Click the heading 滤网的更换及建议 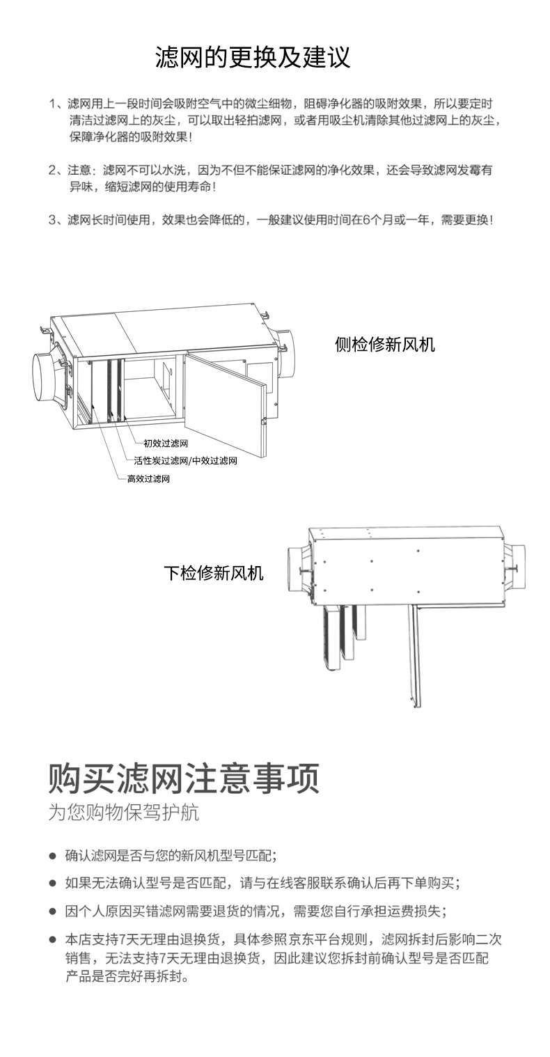tap(252, 57)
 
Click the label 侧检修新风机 tap(384, 344)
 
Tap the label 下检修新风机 tap(214, 573)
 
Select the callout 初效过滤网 tap(166, 443)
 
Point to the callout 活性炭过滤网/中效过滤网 tap(186, 461)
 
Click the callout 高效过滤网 tap(148, 479)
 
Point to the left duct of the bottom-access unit tap(299, 568)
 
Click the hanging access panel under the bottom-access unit tap(415, 655)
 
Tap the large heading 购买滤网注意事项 tap(184, 778)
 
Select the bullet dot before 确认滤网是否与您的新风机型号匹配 tap(52, 855)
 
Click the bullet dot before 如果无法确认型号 tap(52, 883)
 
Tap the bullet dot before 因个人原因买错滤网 tap(52, 911)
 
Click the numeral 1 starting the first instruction tap(52, 104)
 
